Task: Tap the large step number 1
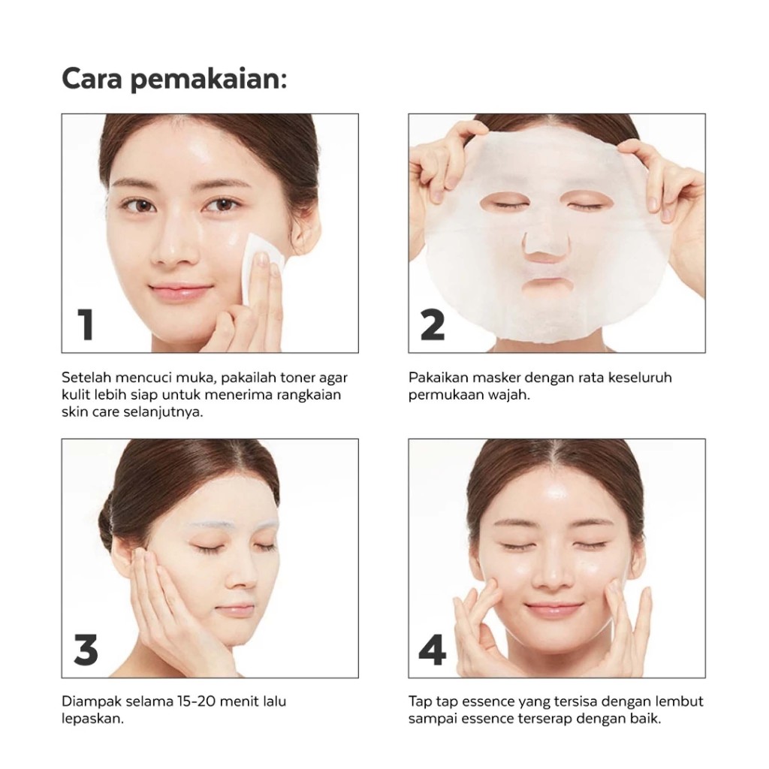click(x=86, y=324)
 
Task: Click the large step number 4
click(x=433, y=650)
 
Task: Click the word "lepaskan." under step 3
click(x=92, y=719)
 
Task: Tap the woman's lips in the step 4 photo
click(x=554, y=609)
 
